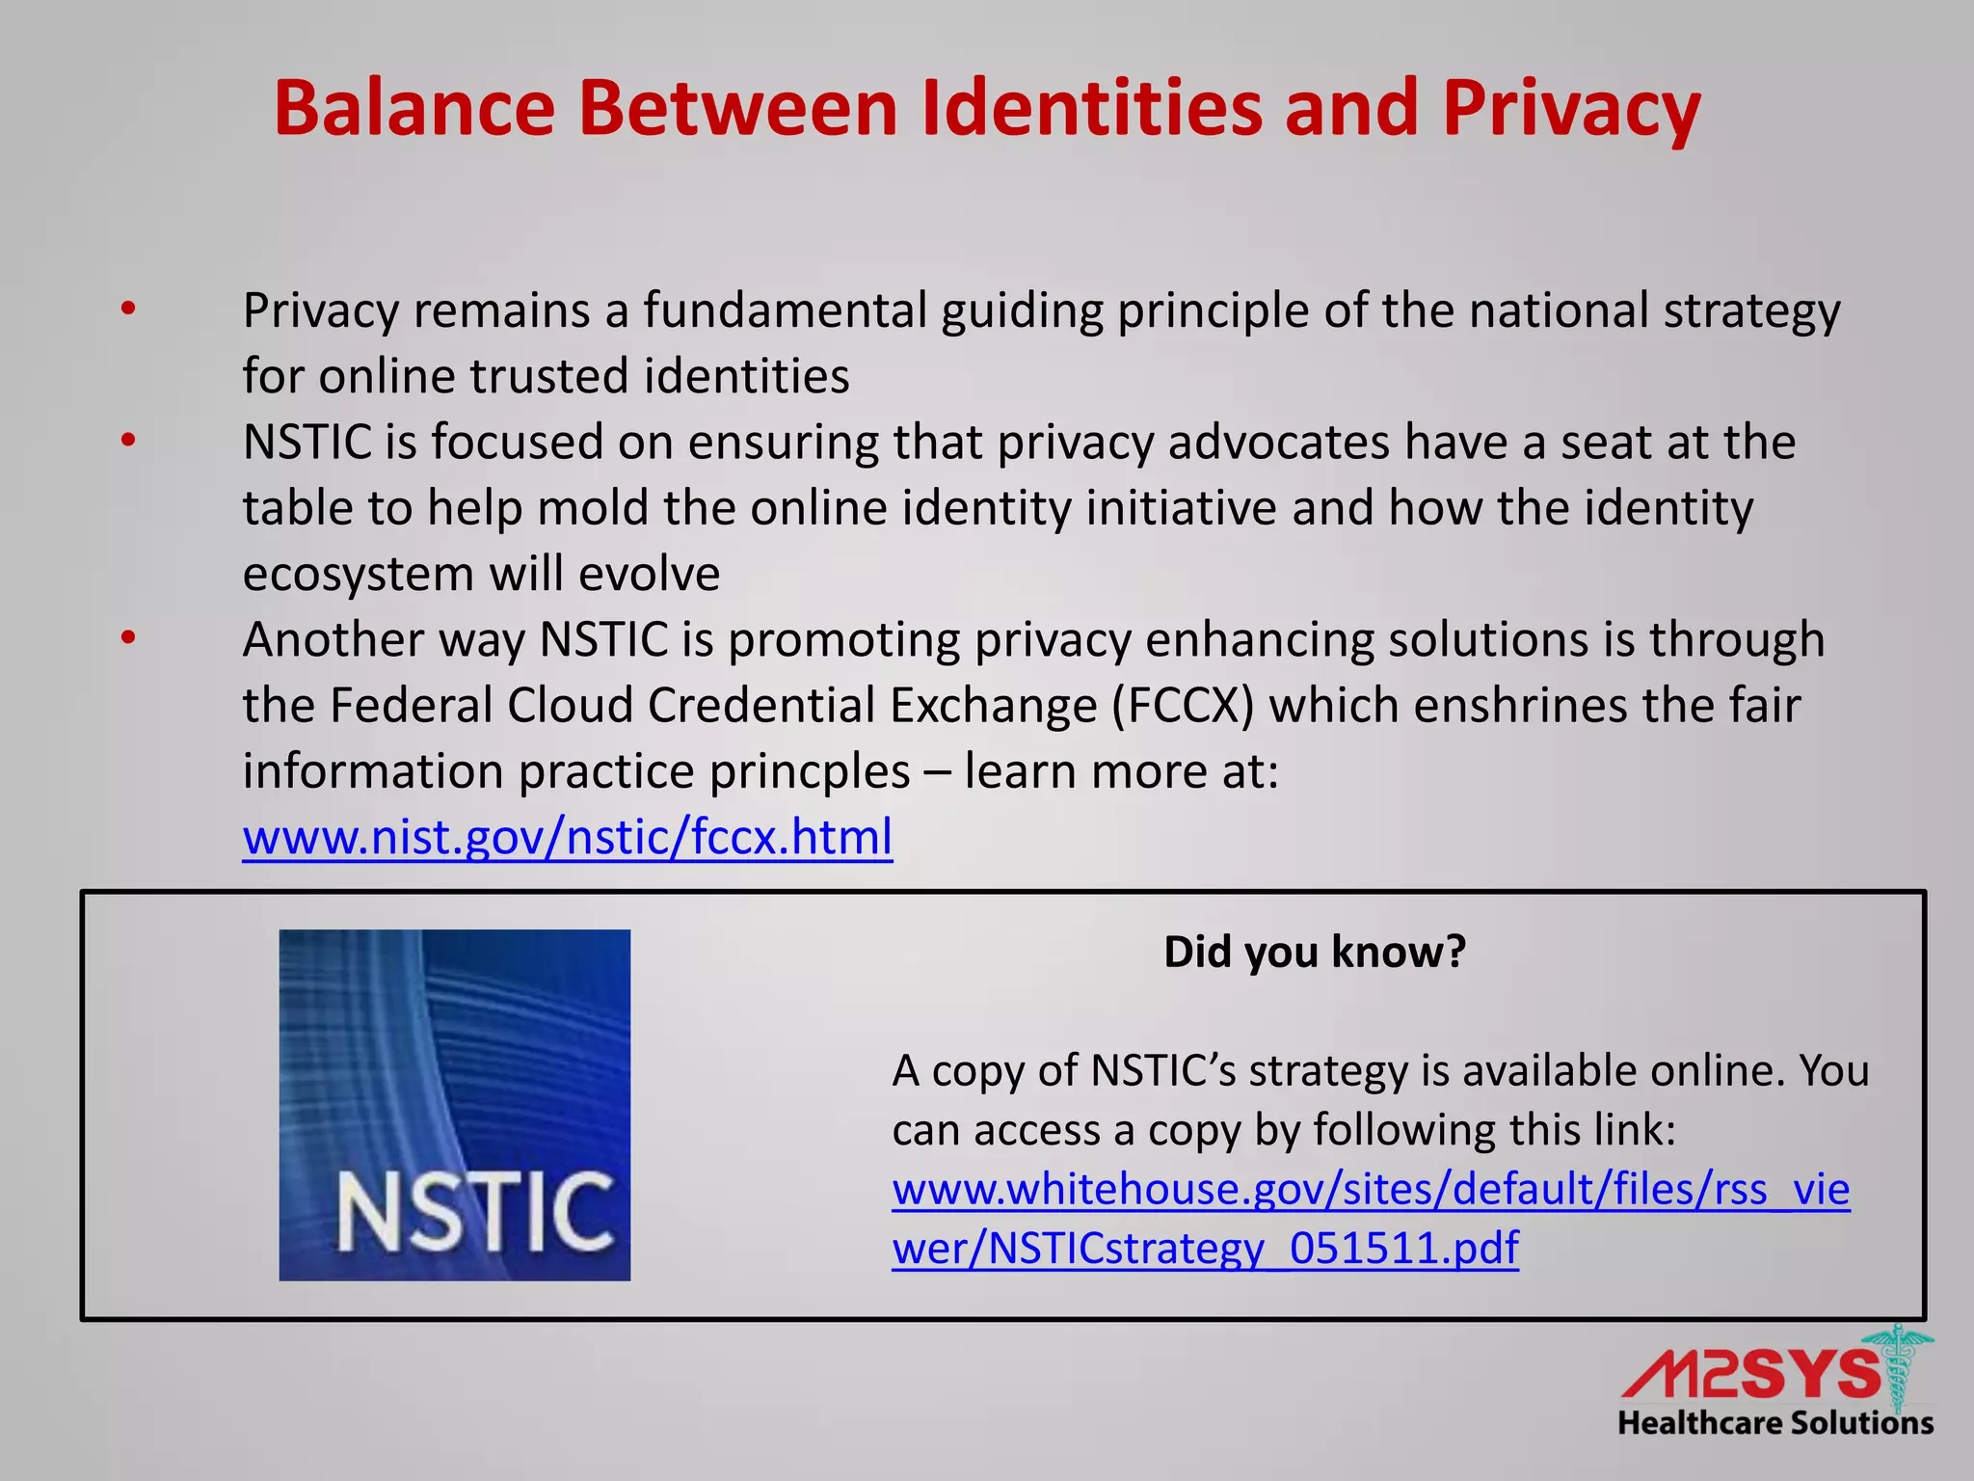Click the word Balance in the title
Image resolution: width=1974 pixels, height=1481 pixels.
click(x=414, y=108)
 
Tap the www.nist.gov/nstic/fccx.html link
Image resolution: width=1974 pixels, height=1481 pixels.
click(x=568, y=837)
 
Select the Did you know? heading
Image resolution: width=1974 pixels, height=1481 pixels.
click(x=1314, y=953)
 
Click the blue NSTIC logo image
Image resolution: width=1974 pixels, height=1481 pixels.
click(x=455, y=1105)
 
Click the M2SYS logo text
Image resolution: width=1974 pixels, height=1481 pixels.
click(x=1749, y=1375)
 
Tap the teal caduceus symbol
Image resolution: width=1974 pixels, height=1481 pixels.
click(x=1897, y=1369)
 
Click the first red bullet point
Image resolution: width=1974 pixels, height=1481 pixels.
click(x=128, y=310)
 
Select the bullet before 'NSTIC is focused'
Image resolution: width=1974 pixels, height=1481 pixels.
click(x=128, y=442)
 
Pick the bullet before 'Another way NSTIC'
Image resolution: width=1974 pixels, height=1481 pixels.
click(x=128, y=638)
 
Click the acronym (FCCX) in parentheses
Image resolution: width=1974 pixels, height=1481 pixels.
click(x=1183, y=705)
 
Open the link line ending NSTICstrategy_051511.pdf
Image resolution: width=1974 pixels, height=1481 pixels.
click(x=1205, y=1248)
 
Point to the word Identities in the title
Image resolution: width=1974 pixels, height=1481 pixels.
click(x=1091, y=108)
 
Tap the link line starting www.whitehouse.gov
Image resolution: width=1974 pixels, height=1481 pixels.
click(x=1370, y=1189)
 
